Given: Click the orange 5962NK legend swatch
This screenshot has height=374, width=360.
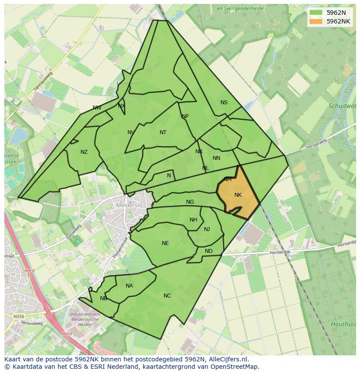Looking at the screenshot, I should [x=316, y=21].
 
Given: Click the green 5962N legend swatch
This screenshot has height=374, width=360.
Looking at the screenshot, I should [x=316, y=13].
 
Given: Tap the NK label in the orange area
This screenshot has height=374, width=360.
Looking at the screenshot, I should [x=238, y=195].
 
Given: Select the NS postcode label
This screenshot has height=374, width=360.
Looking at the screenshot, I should [x=224, y=103].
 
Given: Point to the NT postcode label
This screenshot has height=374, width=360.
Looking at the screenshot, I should [x=163, y=132].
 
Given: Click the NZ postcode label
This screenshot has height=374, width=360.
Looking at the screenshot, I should [x=84, y=152].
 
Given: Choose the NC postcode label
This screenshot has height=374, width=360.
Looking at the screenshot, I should [x=167, y=296].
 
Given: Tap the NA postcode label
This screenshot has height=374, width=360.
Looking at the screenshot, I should [x=129, y=286].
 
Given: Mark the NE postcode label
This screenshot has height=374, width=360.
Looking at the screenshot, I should [x=165, y=243].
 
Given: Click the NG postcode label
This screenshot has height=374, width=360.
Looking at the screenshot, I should [x=190, y=202].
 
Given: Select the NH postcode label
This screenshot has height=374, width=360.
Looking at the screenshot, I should [x=193, y=220].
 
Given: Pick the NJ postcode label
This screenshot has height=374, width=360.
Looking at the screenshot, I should [x=207, y=229].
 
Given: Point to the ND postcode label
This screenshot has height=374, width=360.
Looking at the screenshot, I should [x=209, y=251].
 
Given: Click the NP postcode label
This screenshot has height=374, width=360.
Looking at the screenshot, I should [x=185, y=116].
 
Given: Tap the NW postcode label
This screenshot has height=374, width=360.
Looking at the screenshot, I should [x=97, y=108].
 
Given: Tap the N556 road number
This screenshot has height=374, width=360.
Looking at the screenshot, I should [x=19, y=317].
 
